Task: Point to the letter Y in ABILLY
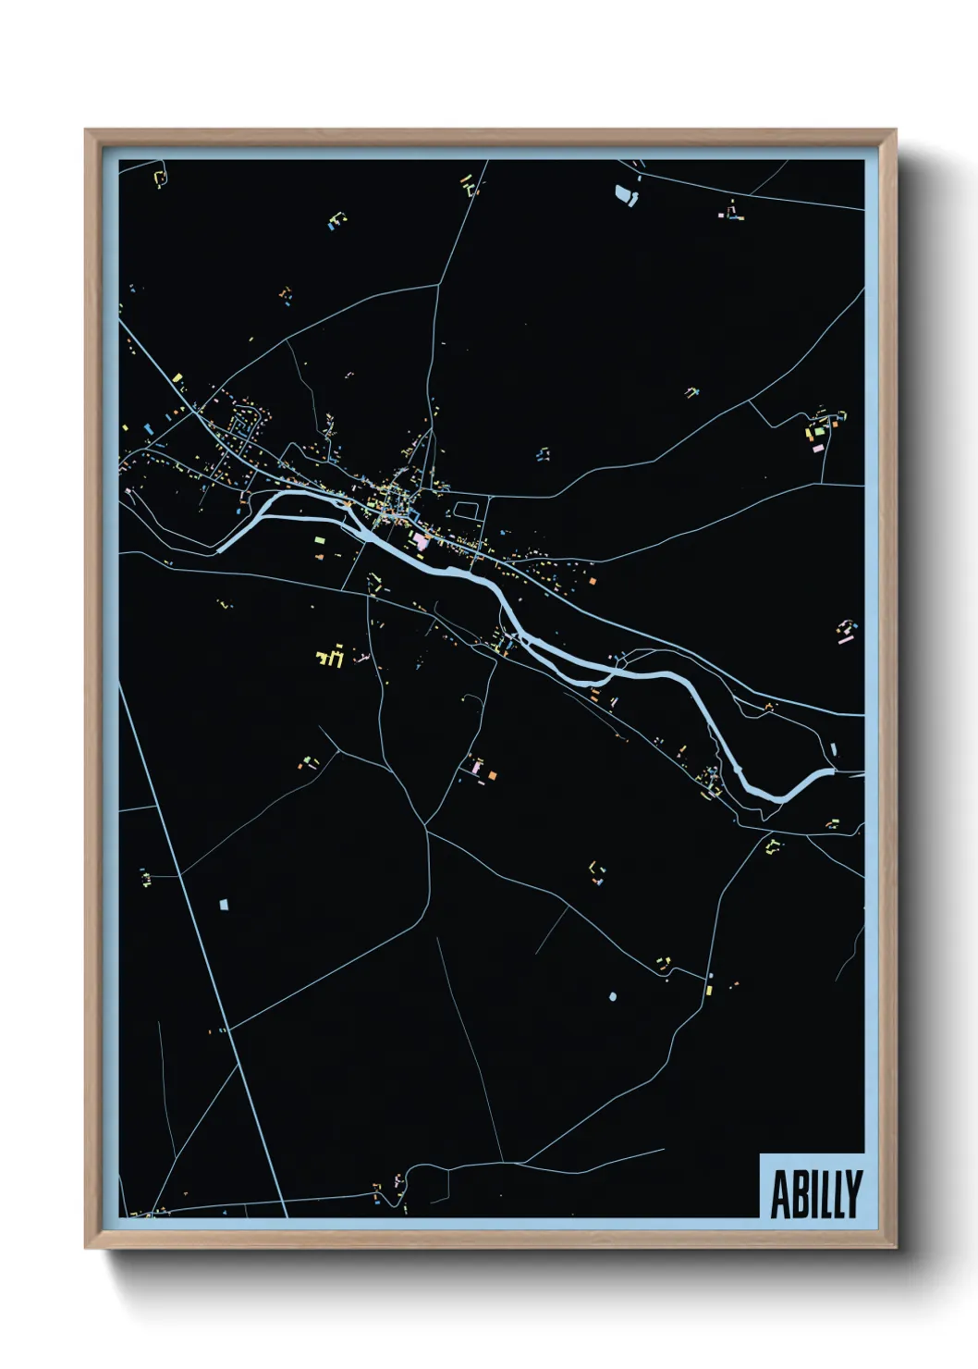[x=852, y=1194]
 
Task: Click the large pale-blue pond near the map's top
[x=626, y=194]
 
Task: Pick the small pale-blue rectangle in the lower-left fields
[x=223, y=903]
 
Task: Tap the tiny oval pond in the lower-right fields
[x=612, y=996]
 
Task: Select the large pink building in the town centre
[x=422, y=540]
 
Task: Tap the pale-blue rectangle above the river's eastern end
[x=834, y=750]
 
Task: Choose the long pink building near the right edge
[x=844, y=637]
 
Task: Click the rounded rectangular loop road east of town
[x=466, y=510]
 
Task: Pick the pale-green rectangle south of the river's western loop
[x=319, y=540]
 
